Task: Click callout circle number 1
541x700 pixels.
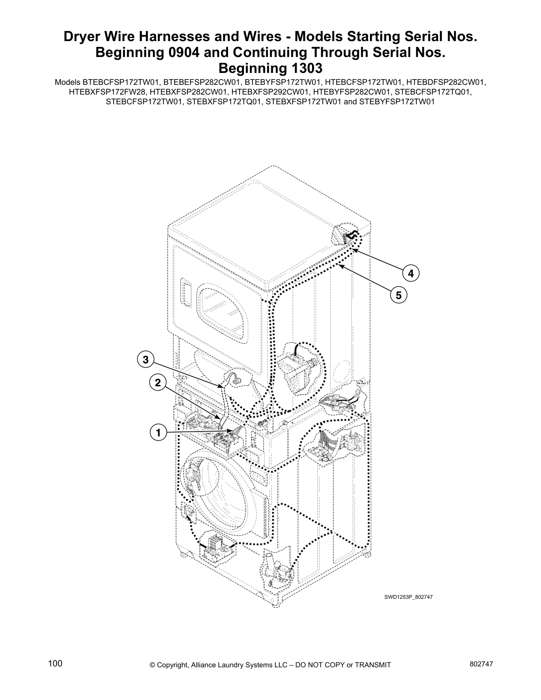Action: [157, 432]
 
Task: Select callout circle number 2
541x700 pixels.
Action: [157, 383]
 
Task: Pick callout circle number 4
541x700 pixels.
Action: [411, 274]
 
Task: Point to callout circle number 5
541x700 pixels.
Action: [398, 295]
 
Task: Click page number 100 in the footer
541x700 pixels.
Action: [55, 663]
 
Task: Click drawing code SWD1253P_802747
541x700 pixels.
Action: [408, 597]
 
